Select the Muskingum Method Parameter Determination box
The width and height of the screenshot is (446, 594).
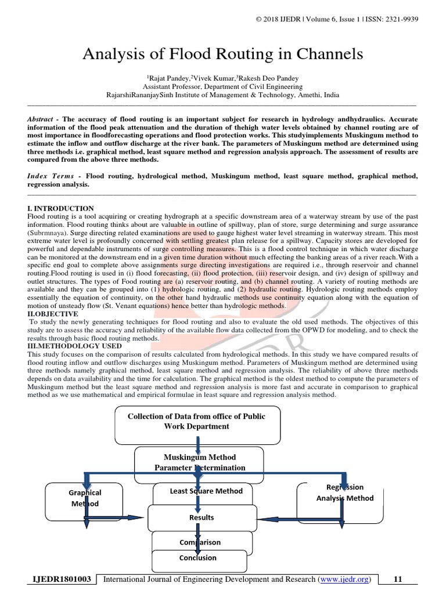pos(199,462)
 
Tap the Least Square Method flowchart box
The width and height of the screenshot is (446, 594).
pos(206,491)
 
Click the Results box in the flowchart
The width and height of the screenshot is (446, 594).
pos(201,517)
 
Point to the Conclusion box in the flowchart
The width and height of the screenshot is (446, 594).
pos(198,558)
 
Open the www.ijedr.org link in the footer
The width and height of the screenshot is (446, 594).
pos(346,579)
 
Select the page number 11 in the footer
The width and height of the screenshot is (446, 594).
pos(398,579)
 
